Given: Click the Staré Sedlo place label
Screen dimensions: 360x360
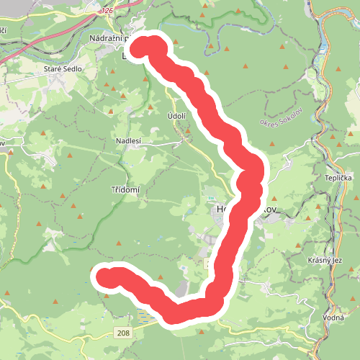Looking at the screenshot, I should tap(63, 69).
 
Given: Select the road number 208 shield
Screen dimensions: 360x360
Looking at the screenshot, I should tap(123, 332).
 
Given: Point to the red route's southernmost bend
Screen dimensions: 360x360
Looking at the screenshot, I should tap(176, 314).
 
